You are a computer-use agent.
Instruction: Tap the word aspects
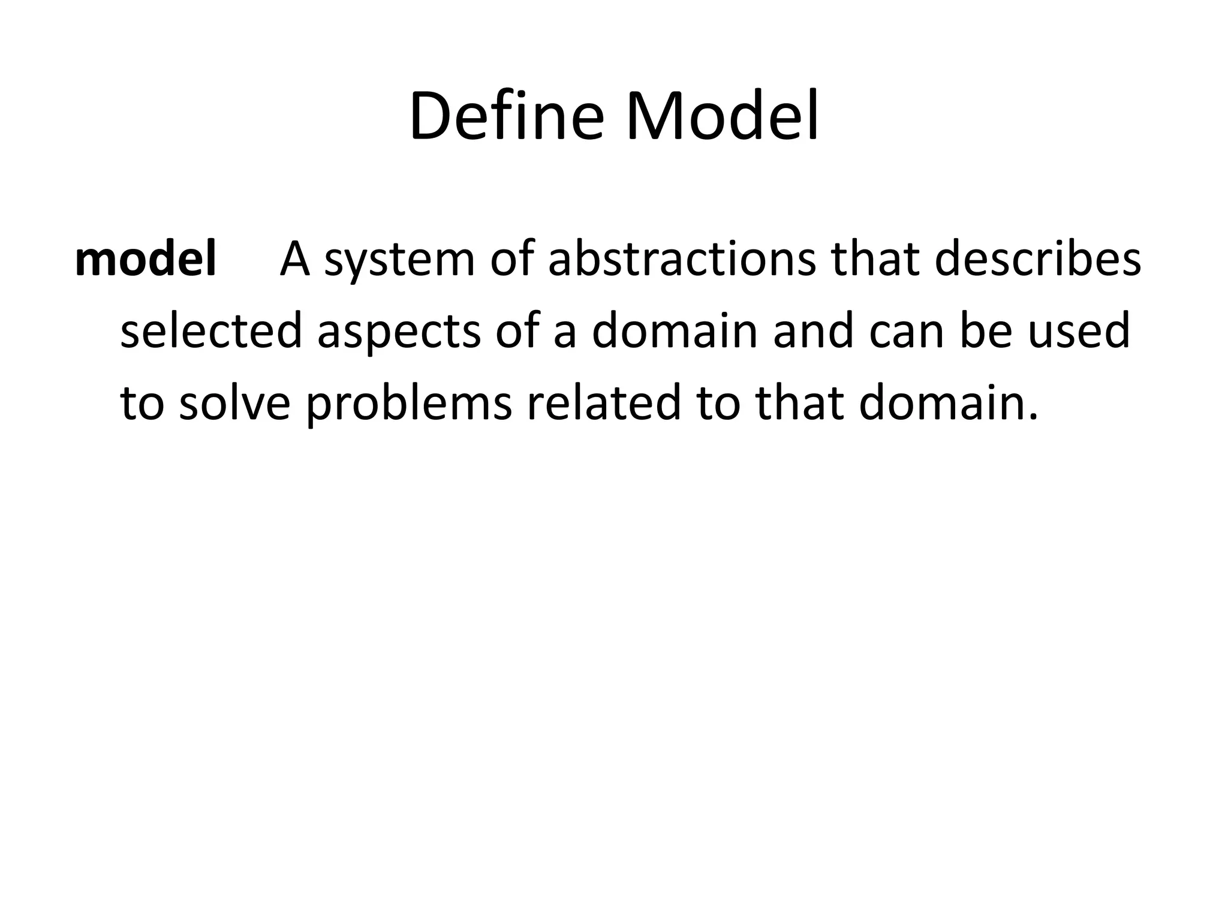point(399,333)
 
